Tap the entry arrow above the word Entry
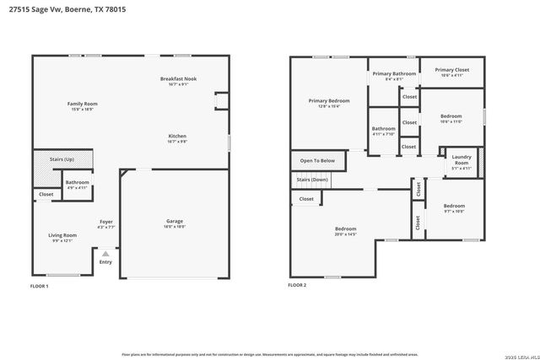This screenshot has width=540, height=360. [105, 253]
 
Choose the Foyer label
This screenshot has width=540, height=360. [106, 223]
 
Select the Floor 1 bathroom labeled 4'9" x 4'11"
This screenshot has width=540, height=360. [78, 184]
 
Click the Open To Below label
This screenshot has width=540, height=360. [317, 160]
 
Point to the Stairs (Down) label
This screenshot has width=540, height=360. [312, 180]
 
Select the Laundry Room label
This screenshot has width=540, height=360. [461, 159]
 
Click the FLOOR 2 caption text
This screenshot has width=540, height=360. [297, 285]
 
